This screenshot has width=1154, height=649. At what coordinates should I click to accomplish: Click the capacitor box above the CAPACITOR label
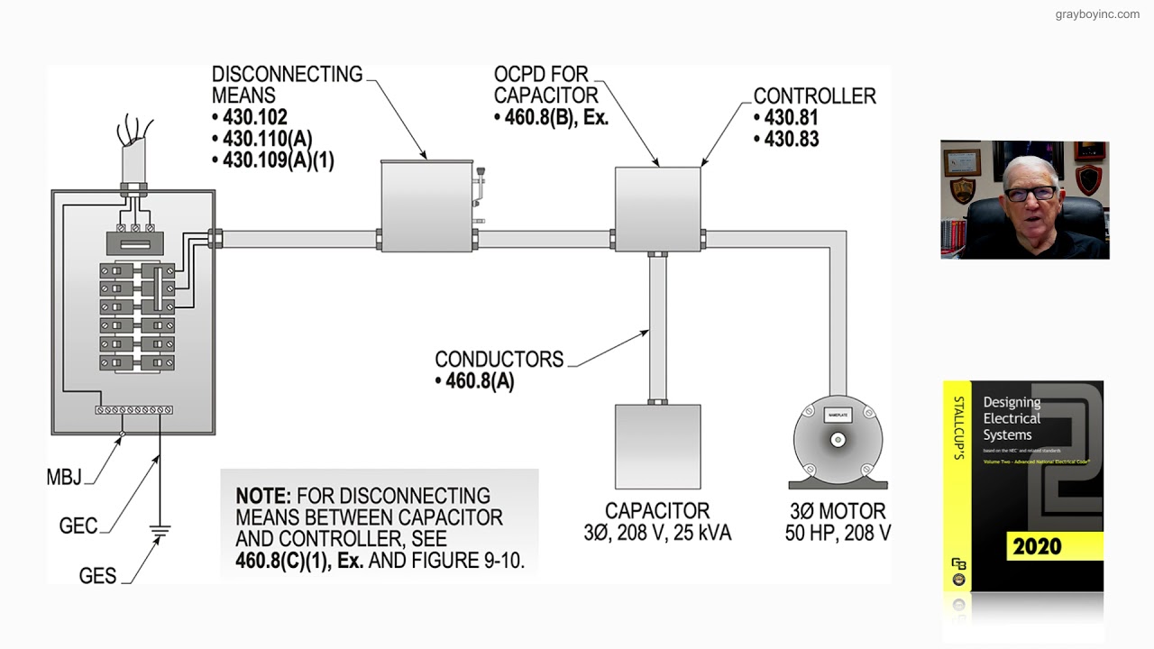[x=657, y=446]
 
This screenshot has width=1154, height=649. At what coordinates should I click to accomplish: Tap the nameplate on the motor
[x=838, y=415]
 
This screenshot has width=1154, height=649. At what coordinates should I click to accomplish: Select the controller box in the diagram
[x=657, y=208]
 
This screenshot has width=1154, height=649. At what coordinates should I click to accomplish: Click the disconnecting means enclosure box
[x=426, y=206]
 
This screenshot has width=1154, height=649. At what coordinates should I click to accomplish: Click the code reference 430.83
[x=792, y=139]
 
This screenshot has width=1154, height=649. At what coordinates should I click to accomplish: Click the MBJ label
[x=64, y=478]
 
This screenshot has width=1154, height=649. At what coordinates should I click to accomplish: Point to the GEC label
[x=78, y=526]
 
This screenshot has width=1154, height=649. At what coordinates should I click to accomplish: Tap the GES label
[x=97, y=575]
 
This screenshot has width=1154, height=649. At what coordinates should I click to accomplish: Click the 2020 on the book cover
[x=1037, y=546]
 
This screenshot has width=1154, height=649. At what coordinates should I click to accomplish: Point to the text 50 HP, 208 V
[x=838, y=533]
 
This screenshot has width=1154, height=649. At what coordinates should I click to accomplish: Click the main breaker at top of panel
[x=133, y=243]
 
